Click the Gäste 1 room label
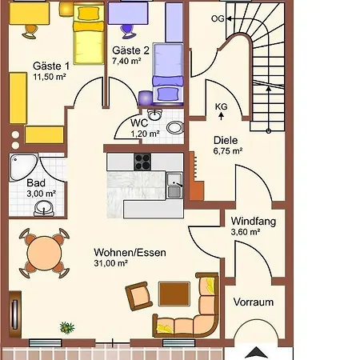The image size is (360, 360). pos(51,66)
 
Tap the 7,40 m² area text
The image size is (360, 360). pos(126,61)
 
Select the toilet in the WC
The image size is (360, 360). pos(175,127)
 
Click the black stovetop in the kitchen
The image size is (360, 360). pos(142,162)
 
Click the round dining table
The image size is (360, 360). pos(44,253)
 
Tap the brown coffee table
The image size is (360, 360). pos(174,294)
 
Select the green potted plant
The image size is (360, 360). pos(67,327)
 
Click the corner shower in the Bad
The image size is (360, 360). pos(23,167)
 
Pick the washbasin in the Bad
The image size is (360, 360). pos(44,208)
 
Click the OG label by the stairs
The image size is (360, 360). pos(218,18)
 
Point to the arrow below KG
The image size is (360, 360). pos(221,116)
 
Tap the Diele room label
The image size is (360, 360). pos(226,140)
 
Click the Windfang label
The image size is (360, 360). pos(254,222)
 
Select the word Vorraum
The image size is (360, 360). pos(254,302)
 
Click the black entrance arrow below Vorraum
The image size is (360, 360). pos(256,352)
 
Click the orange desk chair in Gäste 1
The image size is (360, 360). pos(30,31)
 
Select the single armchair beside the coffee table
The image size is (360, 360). pos(139,295)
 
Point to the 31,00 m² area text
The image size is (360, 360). pos(110,263)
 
